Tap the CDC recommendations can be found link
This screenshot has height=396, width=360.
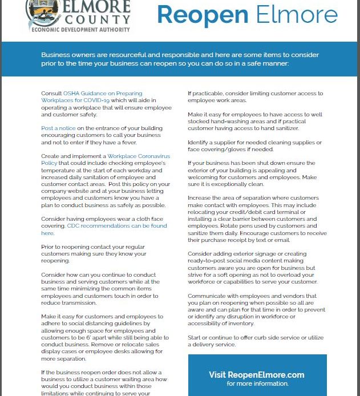(117, 225)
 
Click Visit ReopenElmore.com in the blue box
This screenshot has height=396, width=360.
(256, 375)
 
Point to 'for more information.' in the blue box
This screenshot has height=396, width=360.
(257, 383)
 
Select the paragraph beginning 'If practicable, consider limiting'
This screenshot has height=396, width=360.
(255, 96)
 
